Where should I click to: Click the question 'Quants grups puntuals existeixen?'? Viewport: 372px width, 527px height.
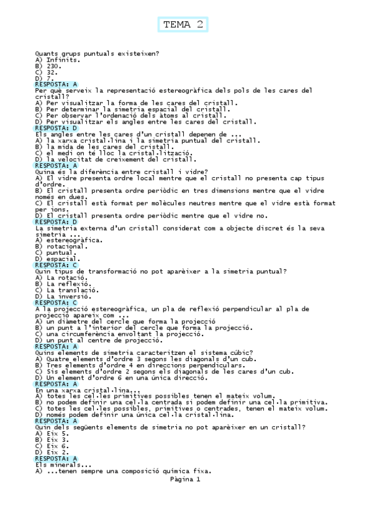pos(98,53)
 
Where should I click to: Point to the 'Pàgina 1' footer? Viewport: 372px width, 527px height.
pos(184,479)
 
